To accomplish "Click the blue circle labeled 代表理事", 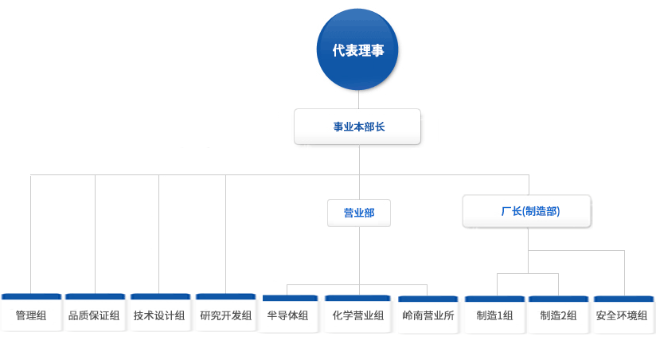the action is [x=357, y=49].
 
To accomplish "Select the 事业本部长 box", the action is [x=357, y=127].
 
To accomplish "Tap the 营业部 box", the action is [x=359, y=213].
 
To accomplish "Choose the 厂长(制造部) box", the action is [x=527, y=211].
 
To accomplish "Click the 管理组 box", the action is [x=31, y=312].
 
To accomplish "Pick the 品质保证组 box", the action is [x=95, y=312].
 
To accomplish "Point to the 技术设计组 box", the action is [x=160, y=312].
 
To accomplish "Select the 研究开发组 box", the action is [x=225, y=312].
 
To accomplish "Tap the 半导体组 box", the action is [x=290, y=314].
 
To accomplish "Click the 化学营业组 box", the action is [x=357, y=314].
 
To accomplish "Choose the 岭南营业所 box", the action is [x=428, y=315].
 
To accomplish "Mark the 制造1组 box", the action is [x=494, y=315].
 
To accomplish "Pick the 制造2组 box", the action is [x=559, y=315].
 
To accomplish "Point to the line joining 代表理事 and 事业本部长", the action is [x=358, y=100].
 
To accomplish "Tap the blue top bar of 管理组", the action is [x=31, y=296].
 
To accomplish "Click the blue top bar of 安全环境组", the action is [x=624, y=299].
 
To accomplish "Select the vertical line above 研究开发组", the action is [x=225, y=234].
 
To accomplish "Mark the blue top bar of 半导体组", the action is [x=290, y=298].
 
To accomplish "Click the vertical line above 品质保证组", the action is [x=95, y=234].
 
